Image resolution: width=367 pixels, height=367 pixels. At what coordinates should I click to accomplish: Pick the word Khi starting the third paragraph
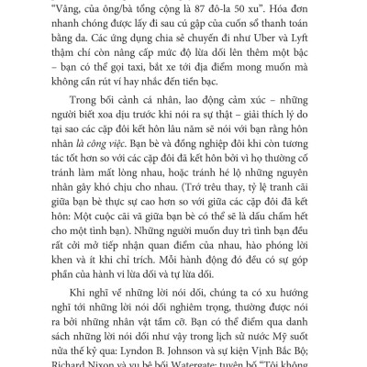click(x=70, y=303)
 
